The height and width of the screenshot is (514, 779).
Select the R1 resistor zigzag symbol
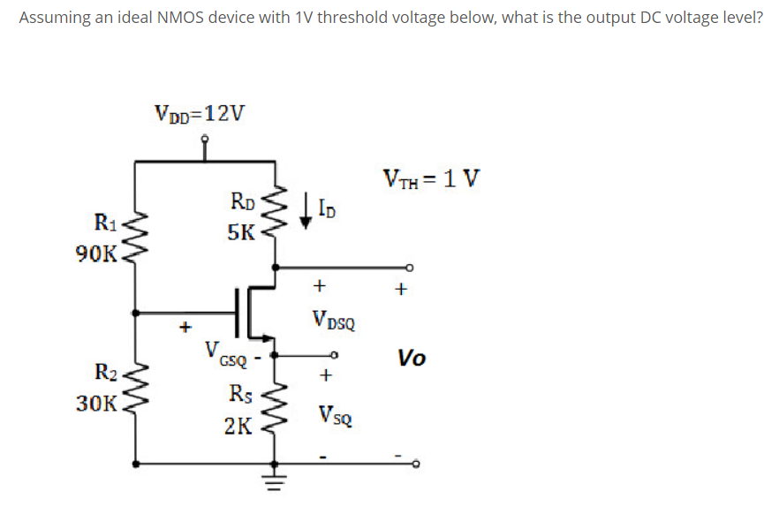[x=136, y=236]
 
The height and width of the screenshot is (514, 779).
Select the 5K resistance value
[x=239, y=233]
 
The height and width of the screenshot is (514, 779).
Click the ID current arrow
[x=306, y=213]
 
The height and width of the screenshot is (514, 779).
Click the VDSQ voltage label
[x=333, y=319]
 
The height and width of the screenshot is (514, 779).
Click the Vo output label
[x=411, y=358]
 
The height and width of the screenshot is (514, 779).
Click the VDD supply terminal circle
[x=205, y=139]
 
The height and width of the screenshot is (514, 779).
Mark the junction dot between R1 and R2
[x=136, y=313]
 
